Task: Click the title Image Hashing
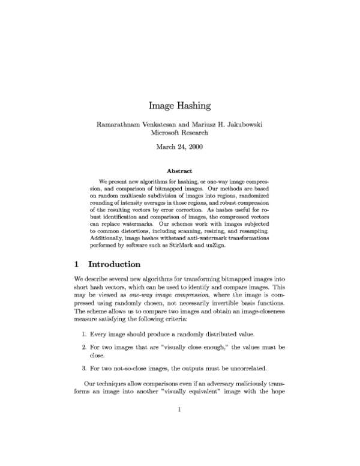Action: (179, 106)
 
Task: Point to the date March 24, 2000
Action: (179, 148)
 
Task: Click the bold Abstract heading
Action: (179, 171)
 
